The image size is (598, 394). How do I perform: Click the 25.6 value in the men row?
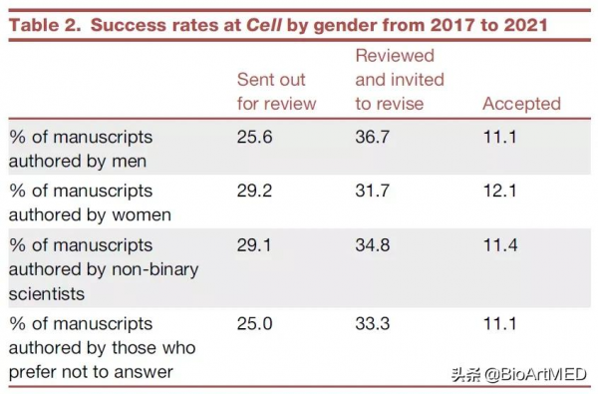pyautogui.click(x=255, y=136)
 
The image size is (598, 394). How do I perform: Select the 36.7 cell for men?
pyautogui.click(x=374, y=136)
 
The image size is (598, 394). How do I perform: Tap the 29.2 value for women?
pyautogui.click(x=255, y=190)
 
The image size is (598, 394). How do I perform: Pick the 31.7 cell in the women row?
pyautogui.click(x=373, y=190)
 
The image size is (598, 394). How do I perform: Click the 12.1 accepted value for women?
pyautogui.click(x=499, y=190)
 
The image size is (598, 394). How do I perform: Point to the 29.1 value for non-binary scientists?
pyautogui.click(x=254, y=244)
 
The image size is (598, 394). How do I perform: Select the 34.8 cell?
pyautogui.click(x=374, y=244)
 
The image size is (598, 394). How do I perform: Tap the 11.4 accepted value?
pyautogui.click(x=499, y=244)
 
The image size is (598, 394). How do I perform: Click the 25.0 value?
pyautogui.click(x=255, y=324)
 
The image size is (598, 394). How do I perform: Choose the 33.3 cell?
pyautogui.click(x=374, y=324)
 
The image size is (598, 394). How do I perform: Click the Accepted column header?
pyautogui.click(x=521, y=103)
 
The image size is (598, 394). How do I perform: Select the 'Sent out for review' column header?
pyautogui.click(x=276, y=91)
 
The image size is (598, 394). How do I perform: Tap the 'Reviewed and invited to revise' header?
pyautogui.click(x=400, y=79)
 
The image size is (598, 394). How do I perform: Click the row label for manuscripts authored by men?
pyautogui.click(x=81, y=147)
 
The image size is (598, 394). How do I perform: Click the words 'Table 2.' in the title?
pyautogui.click(x=44, y=24)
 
